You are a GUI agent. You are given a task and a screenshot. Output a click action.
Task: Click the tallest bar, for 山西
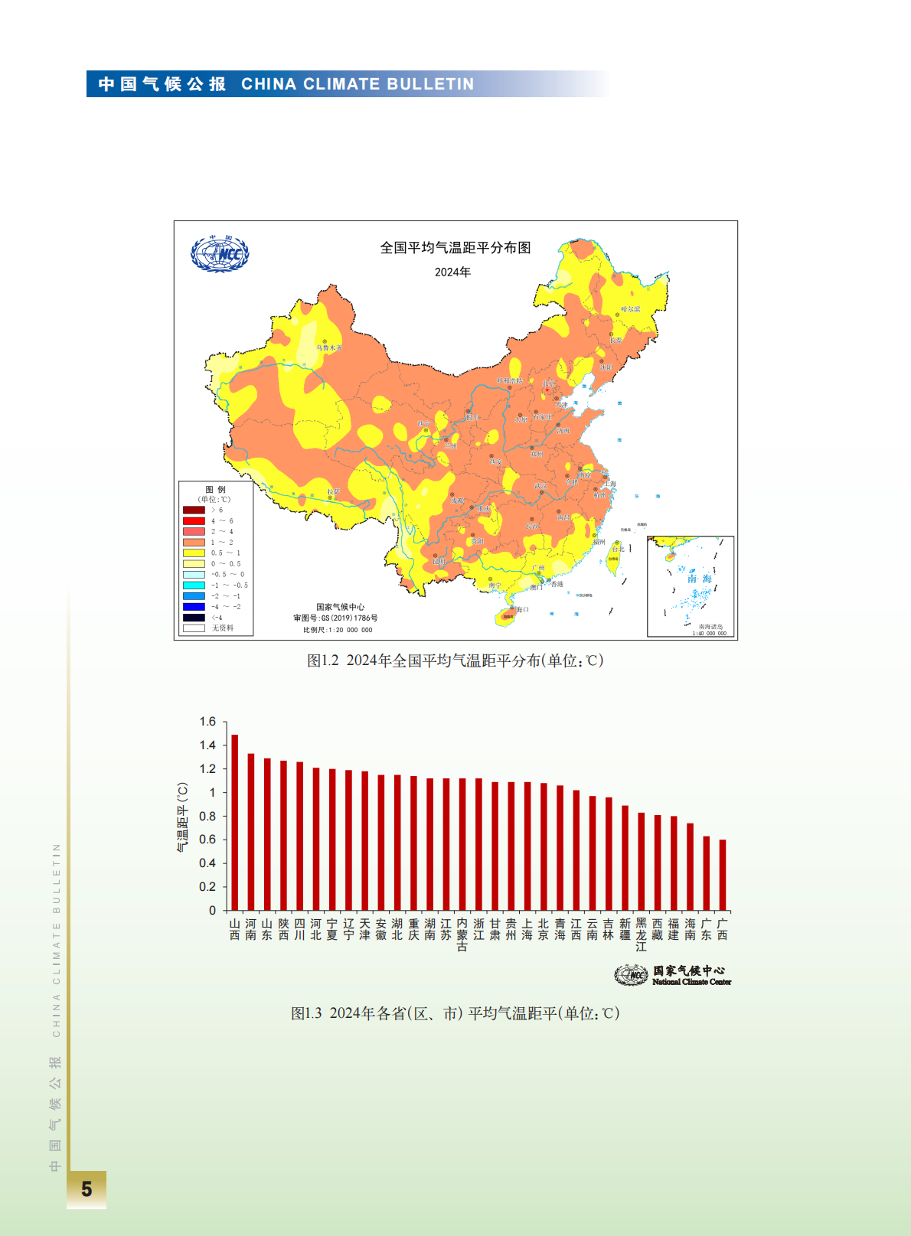tap(235, 823)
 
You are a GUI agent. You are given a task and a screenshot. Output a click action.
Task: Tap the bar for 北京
tap(544, 846)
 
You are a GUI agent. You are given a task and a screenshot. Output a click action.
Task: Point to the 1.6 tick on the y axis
tap(207, 722)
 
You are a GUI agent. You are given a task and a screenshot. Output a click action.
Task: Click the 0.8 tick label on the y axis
tap(207, 816)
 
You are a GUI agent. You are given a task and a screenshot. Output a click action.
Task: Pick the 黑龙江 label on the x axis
tap(642, 935)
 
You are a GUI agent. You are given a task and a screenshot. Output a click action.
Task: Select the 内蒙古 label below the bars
tap(462, 935)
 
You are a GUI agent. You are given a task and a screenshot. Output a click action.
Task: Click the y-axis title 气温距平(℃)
tap(182, 817)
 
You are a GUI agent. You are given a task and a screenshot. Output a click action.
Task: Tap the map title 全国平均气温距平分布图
tap(455, 248)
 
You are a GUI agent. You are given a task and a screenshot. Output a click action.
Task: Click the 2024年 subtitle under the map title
tap(452, 272)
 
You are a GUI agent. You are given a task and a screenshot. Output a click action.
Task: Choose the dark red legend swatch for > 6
tap(194, 510)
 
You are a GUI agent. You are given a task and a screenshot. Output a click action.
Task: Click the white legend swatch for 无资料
tap(194, 628)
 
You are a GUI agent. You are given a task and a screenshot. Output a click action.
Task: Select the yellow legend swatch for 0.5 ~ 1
tap(194, 553)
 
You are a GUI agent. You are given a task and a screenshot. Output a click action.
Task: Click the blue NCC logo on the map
tap(220, 254)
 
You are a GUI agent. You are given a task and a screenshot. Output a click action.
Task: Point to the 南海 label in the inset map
tap(699, 579)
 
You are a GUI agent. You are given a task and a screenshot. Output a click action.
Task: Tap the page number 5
tap(87, 1189)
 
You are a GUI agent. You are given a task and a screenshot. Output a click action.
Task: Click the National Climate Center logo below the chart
tap(673, 975)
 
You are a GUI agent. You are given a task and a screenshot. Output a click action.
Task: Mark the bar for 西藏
tap(658, 863)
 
